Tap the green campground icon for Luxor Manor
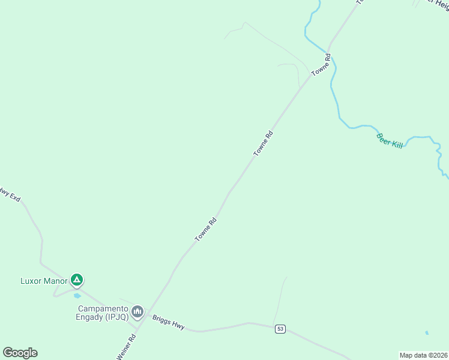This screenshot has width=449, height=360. pos(76,280)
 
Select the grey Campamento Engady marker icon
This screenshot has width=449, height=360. pos(138,311)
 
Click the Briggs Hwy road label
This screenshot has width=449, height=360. pos(168,322)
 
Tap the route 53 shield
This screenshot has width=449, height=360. pos(280,329)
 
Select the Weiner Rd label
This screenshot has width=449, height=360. pos(127,347)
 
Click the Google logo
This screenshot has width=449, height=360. pos(20,353)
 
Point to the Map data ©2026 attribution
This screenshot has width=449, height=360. pos(423,355)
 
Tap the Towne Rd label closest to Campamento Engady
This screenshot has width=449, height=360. pos(205,230)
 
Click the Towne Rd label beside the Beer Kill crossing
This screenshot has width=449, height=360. pos(321,65)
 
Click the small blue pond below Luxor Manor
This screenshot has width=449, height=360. pos(77,296)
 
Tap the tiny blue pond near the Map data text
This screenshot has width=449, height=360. pos(426,332)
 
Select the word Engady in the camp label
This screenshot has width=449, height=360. pos(89,317)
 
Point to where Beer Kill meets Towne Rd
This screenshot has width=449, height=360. pos(328,51)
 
